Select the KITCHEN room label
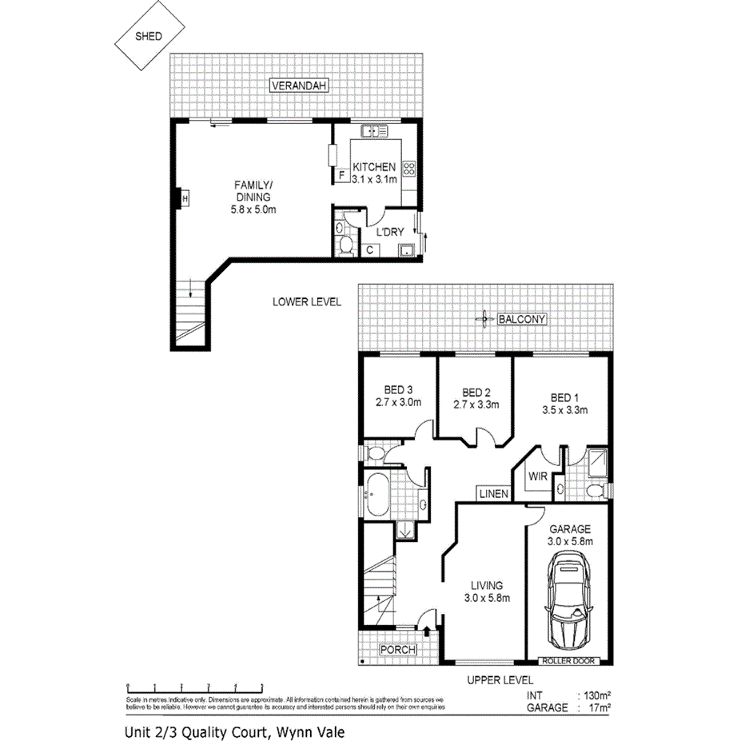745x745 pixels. pyautogui.click(x=374, y=167)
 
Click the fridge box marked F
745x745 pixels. pyautogui.click(x=341, y=174)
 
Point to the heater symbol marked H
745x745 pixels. pyautogui.click(x=185, y=197)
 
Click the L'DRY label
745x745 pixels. pyautogui.click(x=389, y=233)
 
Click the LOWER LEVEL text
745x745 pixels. pyautogui.click(x=306, y=302)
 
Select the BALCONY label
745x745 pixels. pyautogui.click(x=521, y=319)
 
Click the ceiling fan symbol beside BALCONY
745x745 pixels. pyautogui.click(x=484, y=319)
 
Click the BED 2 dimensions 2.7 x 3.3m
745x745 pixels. pyautogui.click(x=476, y=404)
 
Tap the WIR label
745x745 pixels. pyautogui.click(x=536, y=477)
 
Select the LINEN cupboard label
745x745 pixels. pyautogui.click(x=494, y=495)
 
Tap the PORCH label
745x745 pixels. pyautogui.click(x=397, y=649)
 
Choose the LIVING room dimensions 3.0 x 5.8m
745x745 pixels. pyautogui.click(x=487, y=597)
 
